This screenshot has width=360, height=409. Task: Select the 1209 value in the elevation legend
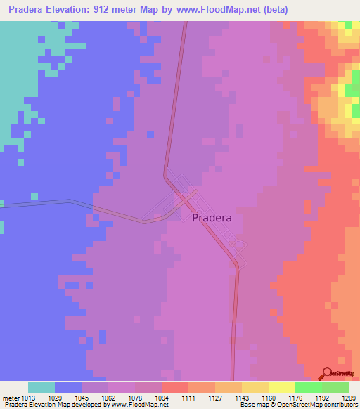348,398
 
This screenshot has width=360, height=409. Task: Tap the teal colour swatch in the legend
41,387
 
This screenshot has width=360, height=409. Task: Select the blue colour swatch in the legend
68,387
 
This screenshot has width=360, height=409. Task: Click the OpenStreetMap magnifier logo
327,373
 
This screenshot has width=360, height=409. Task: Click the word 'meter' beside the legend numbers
12,398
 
